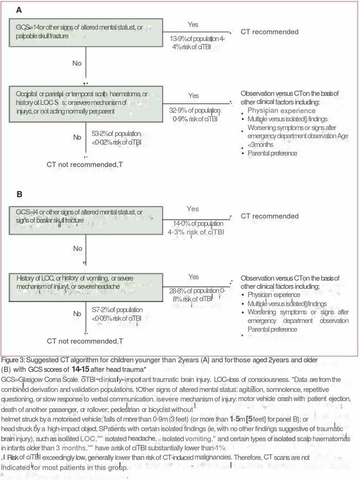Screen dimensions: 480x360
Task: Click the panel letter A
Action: tap(19, 10)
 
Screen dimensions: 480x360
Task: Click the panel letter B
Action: tap(19, 194)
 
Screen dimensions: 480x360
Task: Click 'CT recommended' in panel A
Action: tap(270, 32)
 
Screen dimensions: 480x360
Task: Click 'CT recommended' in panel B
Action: tap(270, 216)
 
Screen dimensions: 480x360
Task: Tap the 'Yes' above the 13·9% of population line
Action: tap(193, 24)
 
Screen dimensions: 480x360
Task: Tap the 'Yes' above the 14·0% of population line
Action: tap(193, 209)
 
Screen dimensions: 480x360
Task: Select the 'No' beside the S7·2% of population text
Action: tap(77, 314)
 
